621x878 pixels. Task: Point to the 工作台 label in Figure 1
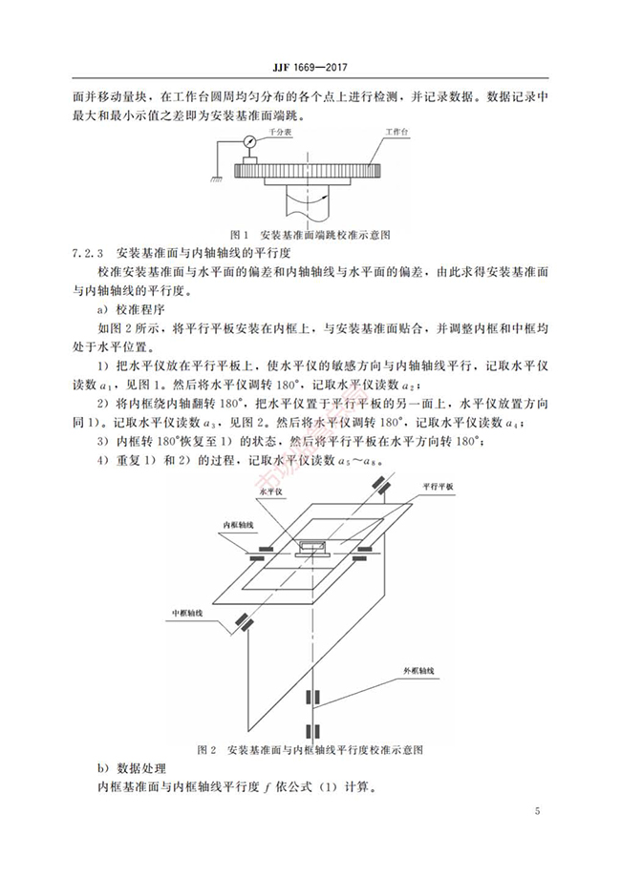(x=396, y=134)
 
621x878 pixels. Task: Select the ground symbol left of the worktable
(x=219, y=173)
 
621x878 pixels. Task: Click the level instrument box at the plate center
(x=312, y=547)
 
